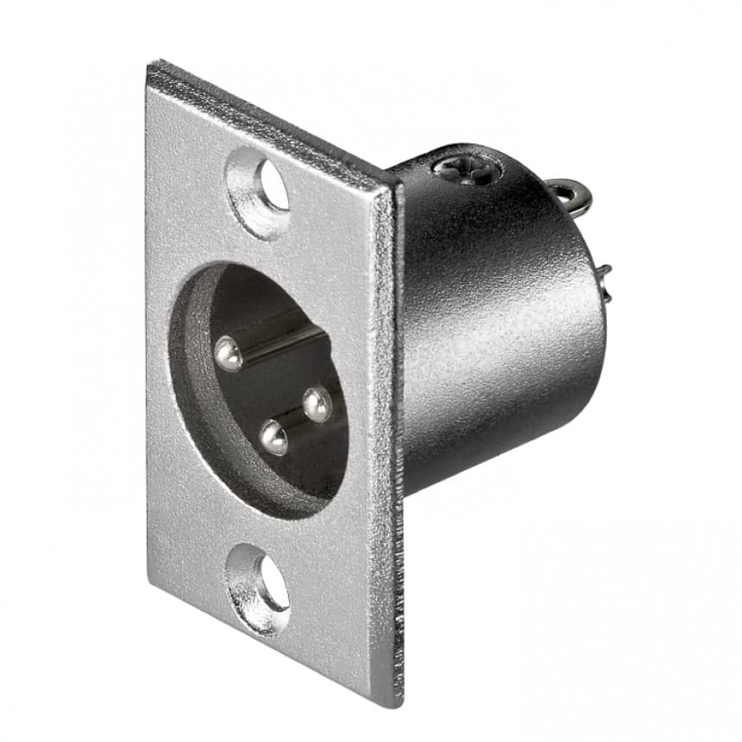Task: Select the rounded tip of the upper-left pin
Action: [x=229, y=354]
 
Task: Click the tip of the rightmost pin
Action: [x=318, y=403]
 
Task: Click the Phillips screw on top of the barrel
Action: [x=469, y=170]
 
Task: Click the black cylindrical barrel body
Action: [x=500, y=328]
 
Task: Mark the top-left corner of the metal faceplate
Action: [x=150, y=65]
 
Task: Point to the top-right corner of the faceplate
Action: [x=399, y=184]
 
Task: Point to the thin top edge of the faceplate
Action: [x=276, y=121]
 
